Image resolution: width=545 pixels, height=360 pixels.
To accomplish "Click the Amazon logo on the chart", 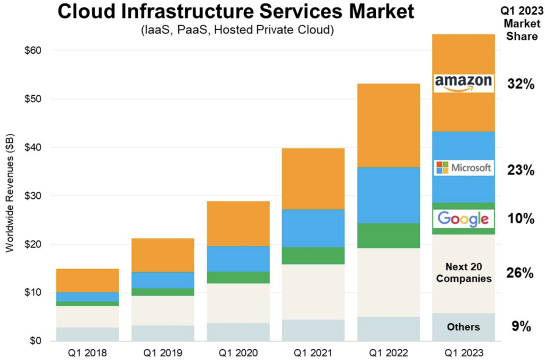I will click(463, 82).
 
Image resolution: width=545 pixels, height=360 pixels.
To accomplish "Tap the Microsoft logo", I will click(463, 168).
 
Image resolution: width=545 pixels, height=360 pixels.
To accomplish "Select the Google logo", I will click(463, 219).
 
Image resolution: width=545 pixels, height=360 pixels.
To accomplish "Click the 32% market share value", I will click(520, 83).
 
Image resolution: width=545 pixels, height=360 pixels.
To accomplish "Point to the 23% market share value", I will click(520, 171).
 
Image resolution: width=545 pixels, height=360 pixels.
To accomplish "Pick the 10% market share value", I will click(520, 219).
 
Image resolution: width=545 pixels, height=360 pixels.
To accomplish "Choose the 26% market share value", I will click(520, 273).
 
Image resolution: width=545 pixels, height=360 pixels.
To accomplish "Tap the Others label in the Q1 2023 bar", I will click(463, 327).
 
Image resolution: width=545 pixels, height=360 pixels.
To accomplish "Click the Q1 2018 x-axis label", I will click(87, 352).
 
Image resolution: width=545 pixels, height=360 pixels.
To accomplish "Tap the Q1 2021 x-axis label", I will click(313, 352).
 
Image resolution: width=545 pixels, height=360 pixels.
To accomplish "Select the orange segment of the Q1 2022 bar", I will click(388, 125).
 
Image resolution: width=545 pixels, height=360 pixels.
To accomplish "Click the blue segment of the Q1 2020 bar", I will click(238, 259).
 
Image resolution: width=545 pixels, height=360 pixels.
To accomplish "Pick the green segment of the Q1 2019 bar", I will click(163, 292).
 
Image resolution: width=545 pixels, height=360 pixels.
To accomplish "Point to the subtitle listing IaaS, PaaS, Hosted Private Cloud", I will click(237, 30).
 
